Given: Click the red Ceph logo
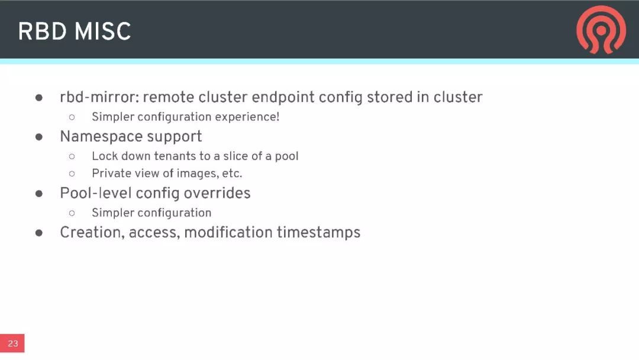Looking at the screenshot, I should (x=601, y=30).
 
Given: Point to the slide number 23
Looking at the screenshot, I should (x=12, y=343).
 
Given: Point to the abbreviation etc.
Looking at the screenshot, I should (x=232, y=174).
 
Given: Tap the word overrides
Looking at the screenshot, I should (x=218, y=194).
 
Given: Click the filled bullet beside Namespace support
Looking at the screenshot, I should (x=40, y=137).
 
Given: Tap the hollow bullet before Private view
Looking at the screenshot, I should (x=72, y=174).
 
